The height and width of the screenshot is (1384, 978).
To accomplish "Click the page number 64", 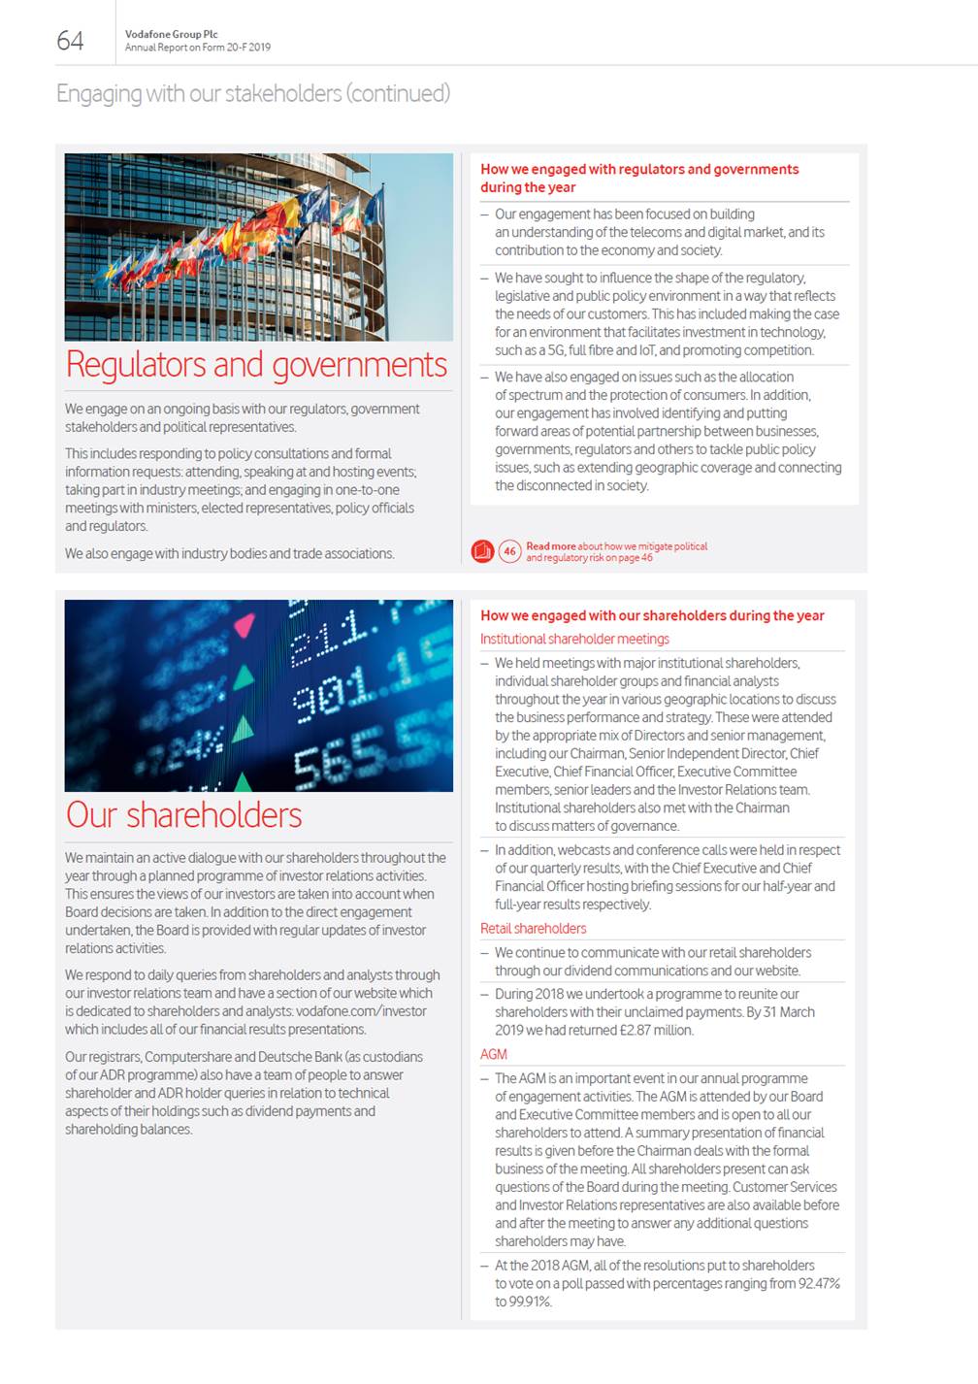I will click(70, 40).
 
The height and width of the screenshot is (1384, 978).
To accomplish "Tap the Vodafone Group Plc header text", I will click(171, 34).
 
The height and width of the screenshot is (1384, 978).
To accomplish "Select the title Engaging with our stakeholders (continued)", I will click(253, 93).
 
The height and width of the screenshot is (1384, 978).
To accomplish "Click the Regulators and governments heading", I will click(256, 365).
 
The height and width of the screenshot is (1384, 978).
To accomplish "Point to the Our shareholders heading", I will click(184, 815).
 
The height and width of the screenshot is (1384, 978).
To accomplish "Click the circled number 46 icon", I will click(509, 551).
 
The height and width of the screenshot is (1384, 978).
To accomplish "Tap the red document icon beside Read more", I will click(482, 551).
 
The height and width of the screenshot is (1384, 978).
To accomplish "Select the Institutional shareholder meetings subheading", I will click(574, 639).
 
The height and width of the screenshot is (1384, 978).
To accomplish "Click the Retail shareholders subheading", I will click(533, 928).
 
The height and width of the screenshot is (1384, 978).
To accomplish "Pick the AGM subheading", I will click(493, 1054).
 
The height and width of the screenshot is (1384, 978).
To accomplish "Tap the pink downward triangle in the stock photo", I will click(244, 625).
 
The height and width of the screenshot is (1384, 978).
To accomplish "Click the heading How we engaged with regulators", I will click(638, 169).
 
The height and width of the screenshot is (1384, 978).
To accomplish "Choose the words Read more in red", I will click(550, 546).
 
